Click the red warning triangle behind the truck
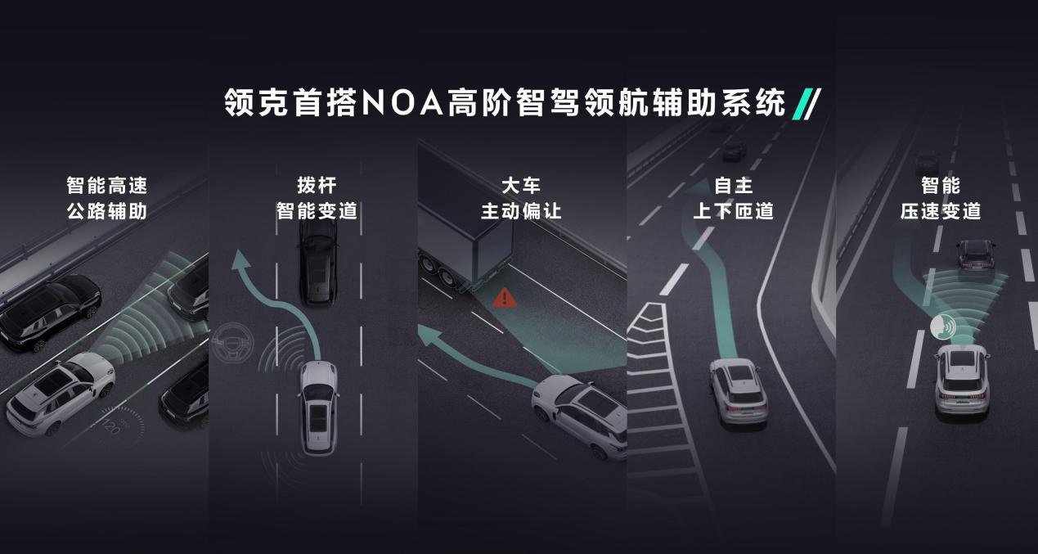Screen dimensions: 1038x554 click(x=504, y=297)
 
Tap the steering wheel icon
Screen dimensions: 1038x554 click(x=232, y=342)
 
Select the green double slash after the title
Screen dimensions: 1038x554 click(x=807, y=103)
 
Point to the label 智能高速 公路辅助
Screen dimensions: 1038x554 click(x=106, y=198)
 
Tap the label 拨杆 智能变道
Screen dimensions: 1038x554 click(x=317, y=198)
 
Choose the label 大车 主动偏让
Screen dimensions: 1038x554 click(x=521, y=198)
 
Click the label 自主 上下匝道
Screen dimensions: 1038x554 click(x=734, y=198)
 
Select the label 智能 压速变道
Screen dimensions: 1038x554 click(x=941, y=198)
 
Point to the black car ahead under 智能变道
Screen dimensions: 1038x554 click(x=317, y=262)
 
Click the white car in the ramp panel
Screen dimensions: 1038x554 click(x=738, y=392)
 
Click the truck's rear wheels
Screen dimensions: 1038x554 click(x=438, y=272)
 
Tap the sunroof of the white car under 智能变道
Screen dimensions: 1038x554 click(x=317, y=417)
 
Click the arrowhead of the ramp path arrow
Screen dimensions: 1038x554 click(x=699, y=187)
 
